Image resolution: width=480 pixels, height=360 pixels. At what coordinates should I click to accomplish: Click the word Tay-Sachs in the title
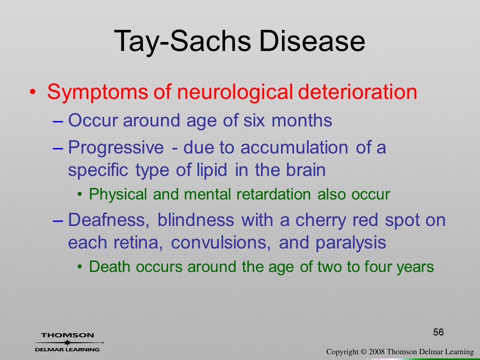[182, 41]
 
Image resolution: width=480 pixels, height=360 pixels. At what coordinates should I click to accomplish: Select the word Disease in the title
[312, 40]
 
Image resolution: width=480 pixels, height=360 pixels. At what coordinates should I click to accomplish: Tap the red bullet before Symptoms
[33, 92]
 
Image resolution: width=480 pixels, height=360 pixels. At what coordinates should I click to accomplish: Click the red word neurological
[234, 92]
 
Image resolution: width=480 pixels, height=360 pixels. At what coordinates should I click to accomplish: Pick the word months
[301, 120]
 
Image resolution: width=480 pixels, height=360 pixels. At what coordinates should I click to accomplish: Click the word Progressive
[115, 148]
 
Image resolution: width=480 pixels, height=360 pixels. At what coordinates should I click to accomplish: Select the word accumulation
[294, 147]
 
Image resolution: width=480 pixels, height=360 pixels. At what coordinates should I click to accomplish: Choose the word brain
[306, 170]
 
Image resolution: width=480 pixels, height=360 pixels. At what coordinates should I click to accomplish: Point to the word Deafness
[108, 220]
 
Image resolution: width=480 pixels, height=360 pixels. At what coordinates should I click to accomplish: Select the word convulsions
[220, 243]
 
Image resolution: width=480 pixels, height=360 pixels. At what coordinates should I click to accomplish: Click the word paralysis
[351, 243]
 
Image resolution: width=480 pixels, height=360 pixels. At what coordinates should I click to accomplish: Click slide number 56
[438, 332]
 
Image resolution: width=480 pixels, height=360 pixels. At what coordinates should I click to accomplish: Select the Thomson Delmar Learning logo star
[67, 342]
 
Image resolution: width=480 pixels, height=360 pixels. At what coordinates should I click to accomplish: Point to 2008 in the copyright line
[376, 352]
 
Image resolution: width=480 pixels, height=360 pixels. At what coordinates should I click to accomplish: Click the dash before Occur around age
[58, 121]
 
